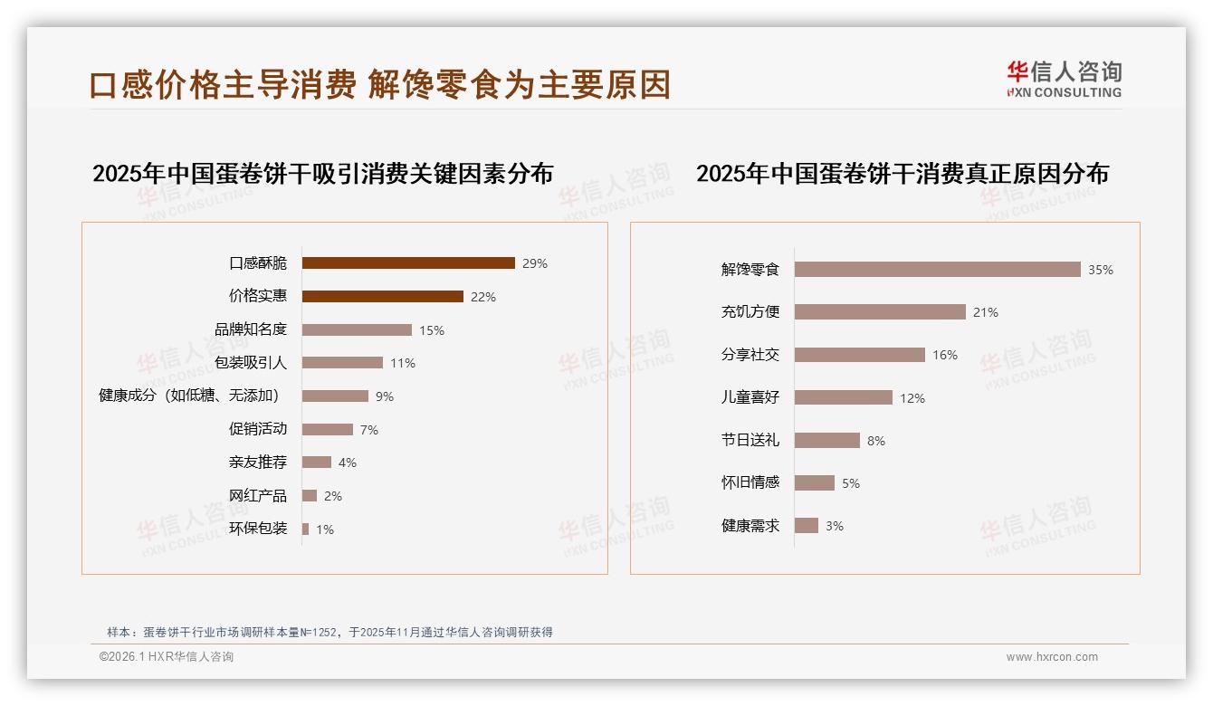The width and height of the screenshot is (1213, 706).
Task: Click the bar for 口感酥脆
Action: tap(408, 263)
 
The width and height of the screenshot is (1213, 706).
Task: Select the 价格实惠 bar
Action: tap(382, 297)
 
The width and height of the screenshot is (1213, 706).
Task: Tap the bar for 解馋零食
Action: tap(937, 270)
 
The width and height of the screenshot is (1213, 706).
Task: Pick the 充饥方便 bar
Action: tap(880, 312)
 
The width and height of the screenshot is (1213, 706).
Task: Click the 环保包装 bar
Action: tap(305, 529)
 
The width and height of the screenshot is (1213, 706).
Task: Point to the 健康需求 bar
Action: tap(807, 526)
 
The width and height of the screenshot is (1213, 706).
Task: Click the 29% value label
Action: tap(535, 264)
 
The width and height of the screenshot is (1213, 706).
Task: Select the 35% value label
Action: tap(1101, 271)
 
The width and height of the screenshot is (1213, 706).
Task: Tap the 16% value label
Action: tap(945, 356)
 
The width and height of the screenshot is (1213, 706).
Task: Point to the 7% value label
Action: tap(368, 430)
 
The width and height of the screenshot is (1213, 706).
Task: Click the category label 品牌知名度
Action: tap(251, 329)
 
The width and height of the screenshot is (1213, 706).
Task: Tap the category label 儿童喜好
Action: tap(750, 397)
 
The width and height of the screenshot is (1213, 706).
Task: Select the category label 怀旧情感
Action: tap(750, 482)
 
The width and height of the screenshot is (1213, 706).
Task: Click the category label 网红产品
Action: tap(258, 495)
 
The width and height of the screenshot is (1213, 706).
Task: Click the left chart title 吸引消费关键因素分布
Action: tap(322, 174)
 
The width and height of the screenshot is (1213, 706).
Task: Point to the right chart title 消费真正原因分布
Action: tap(902, 174)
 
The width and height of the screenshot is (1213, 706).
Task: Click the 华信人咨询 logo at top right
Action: tap(1064, 80)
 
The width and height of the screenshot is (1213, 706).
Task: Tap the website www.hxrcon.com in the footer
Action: tap(1052, 657)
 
